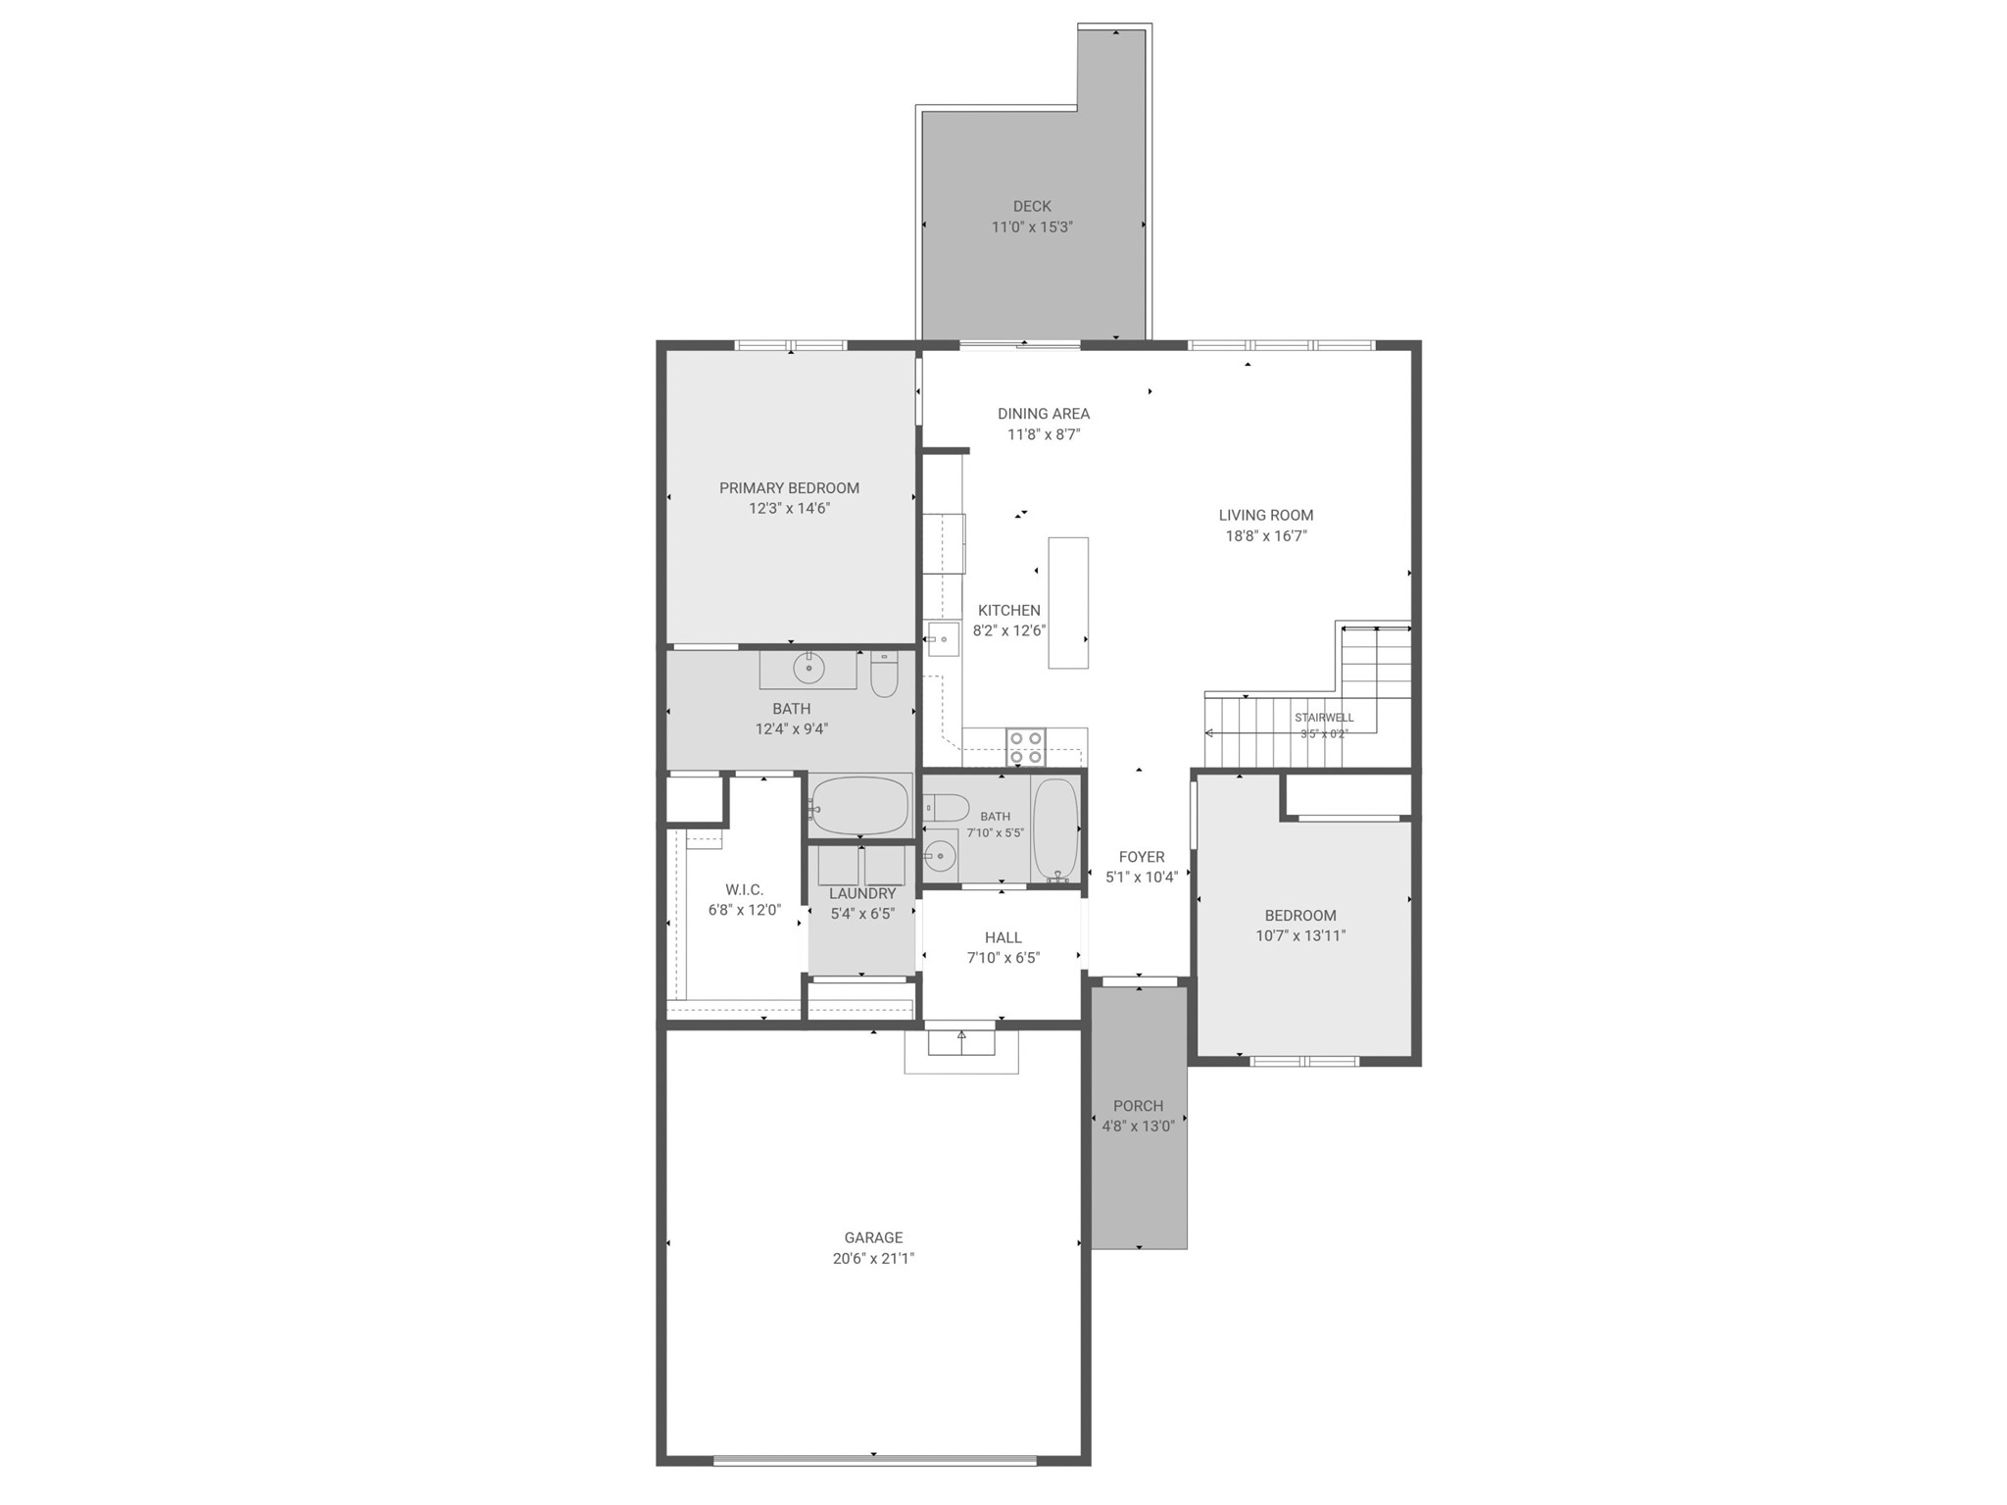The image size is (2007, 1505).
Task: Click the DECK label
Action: pos(1032,206)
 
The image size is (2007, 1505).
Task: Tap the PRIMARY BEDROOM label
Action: pos(789,488)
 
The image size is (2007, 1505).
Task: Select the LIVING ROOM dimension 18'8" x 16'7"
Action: pos(1266,536)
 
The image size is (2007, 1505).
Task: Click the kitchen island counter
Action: pos(1068,603)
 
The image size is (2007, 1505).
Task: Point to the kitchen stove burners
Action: pos(1026,747)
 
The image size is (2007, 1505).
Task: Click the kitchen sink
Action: pos(943,639)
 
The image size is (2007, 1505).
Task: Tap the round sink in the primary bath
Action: pos(808,669)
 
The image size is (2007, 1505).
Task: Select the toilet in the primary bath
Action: pos(884,675)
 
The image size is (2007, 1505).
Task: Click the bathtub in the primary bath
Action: pos(859,806)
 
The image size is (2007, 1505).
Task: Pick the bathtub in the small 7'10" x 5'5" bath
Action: pos(1055,829)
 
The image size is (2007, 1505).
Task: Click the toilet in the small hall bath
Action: pos(946,808)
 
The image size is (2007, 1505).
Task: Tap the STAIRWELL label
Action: pos(1324,718)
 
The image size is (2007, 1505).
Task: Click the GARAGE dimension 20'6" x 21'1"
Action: pos(873,1259)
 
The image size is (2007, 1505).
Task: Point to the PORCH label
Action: pos(1138,1106)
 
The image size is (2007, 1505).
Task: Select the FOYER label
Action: pos(1142,857)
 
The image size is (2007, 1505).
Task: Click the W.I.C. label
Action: pos(744,890)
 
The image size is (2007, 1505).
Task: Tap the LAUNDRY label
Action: pos(862,893)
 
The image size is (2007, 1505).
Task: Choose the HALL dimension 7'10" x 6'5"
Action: pos(1003,958)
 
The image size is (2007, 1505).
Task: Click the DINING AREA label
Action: pos(1044,414)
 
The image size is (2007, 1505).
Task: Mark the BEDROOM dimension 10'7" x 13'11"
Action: pos(1300,936)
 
